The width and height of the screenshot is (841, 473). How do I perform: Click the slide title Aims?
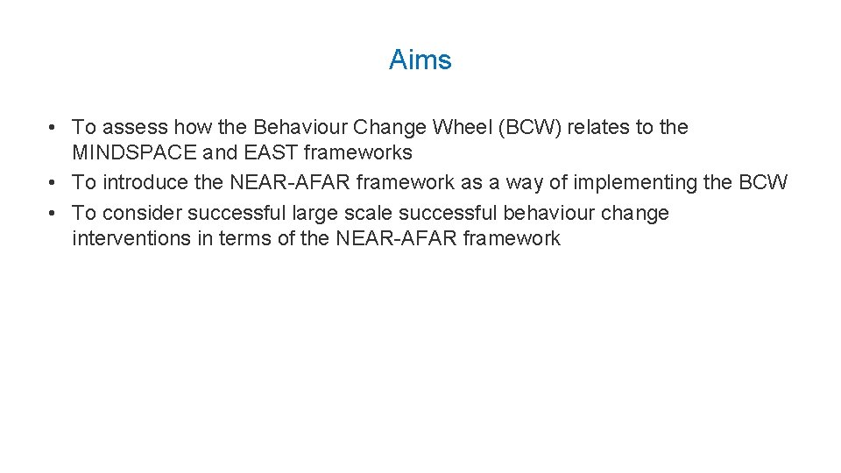(420, 60)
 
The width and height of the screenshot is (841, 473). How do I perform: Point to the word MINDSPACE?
(134, 153)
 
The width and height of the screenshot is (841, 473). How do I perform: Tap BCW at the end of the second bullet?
(763, 183)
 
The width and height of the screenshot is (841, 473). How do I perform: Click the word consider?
(141, 214)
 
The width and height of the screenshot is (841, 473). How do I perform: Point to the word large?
(314, 214)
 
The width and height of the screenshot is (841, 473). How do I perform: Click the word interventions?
(131, 239)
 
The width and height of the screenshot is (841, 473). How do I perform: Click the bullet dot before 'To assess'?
(54, 128)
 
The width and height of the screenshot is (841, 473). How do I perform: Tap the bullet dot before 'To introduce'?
(54, 183)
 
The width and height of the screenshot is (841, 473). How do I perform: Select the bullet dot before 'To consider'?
(54, 214)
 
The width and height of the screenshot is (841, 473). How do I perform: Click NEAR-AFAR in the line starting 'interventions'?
(395, 239)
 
